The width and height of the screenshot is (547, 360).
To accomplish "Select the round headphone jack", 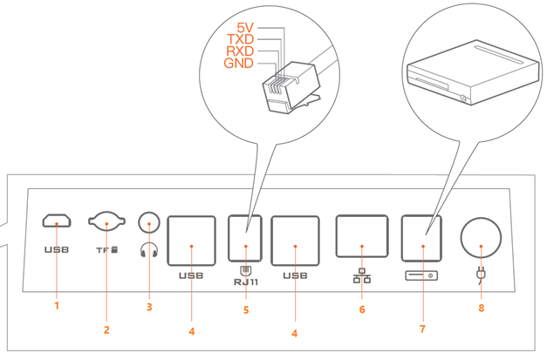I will tap(151, 225).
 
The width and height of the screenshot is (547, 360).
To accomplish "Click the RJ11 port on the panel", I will tap(247, 234).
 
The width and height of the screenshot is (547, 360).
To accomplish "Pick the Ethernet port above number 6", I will tap(360, 236).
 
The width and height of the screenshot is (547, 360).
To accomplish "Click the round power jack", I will tap(481, 234).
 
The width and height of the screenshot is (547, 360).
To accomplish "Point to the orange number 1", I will tap(58, 306).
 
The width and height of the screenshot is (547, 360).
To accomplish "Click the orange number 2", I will tap(106, 329).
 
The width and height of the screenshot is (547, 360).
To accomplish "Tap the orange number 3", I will tap(150, 306).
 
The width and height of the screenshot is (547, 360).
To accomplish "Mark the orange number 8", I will tap(480, 308).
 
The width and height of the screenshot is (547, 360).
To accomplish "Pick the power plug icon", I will tap(480, 277).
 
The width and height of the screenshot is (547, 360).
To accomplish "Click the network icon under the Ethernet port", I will tap(360, 278).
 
